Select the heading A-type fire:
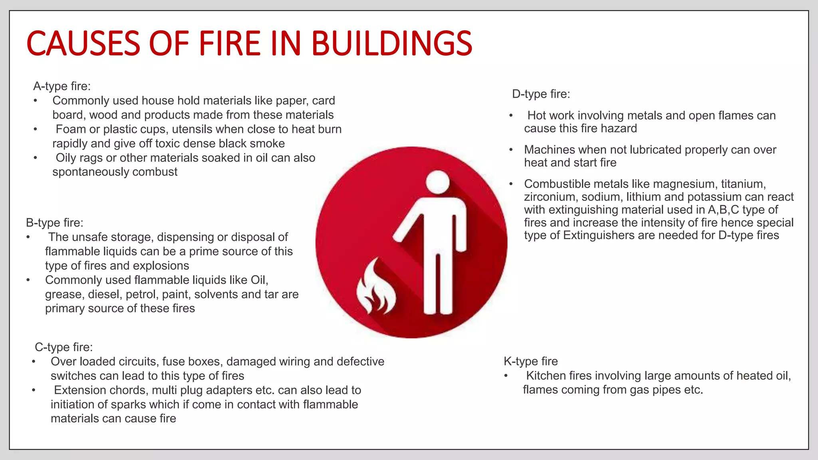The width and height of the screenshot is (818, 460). [62, 86]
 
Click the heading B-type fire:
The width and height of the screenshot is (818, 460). [55, 223]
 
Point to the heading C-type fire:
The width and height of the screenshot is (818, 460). [64, 347]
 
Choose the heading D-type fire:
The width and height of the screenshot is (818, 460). [541, 94]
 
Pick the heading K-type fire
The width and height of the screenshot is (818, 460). [531, 361]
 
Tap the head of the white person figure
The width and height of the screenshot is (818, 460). [438, 182]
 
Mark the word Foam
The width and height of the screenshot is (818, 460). [71, 129]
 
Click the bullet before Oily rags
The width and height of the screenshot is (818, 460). [36, 158]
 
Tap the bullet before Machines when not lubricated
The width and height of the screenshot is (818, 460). [511, 150]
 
